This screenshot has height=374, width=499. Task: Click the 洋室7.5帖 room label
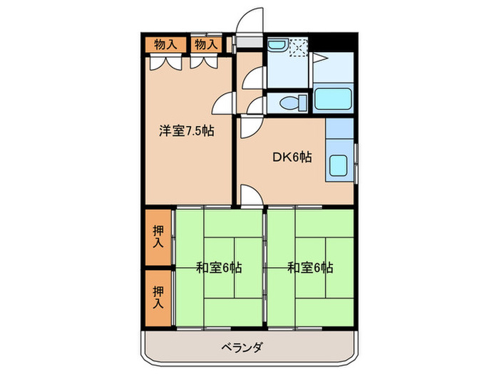pyautogui.click(x=186, y=130)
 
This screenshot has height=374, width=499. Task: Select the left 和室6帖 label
pyautogui.click(x=219, y=268)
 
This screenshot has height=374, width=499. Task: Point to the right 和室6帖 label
pyautogui.click(x=310, y=268)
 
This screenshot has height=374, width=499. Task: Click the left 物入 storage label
pyautogui.click(x=166, y=44)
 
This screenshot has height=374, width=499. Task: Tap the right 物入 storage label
pyautogui.click(x=206, y=44)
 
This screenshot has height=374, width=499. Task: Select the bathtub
pyautogui.click(x=332, y=100)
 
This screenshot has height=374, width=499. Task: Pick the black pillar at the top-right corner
pyautogui.click(x=334, y=43)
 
